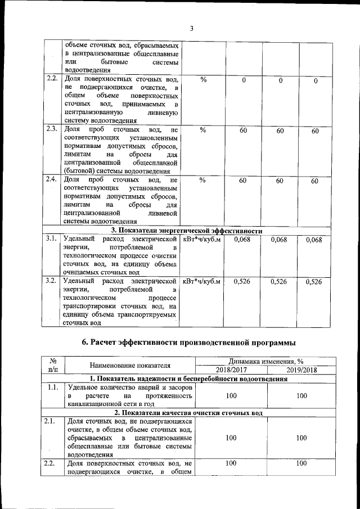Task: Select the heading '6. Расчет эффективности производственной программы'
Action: pyautogui.click(x=188, y=343)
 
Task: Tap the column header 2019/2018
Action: pyautogui.click(x=301, y=370)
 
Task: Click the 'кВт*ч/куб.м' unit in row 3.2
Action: pyautogui.click(x=201, y=281)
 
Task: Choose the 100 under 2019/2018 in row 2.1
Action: pyautogui.click(x=301, y=437)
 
